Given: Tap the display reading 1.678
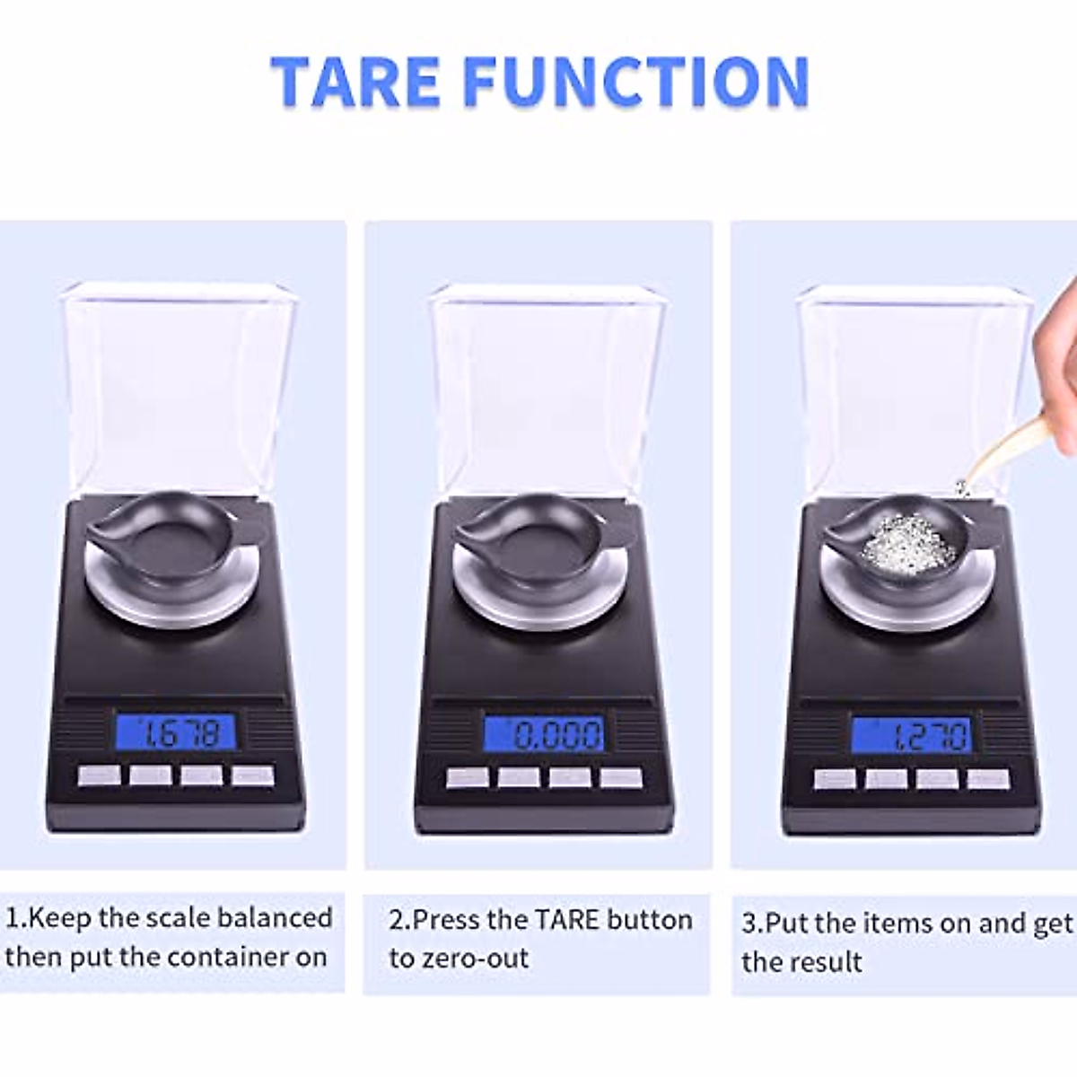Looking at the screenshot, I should [176, 733].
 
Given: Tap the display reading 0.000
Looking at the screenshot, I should [544, 735].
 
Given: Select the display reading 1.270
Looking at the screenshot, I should [911, 736].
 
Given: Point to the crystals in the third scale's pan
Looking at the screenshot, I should [903, 544].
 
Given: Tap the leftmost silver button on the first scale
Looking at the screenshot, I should [99, 775].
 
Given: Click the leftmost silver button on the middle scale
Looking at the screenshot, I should [468, 777].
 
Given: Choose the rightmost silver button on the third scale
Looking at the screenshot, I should [988, 779].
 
